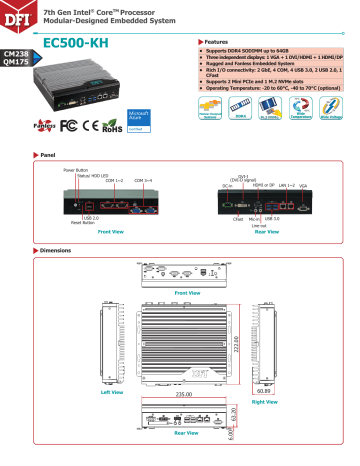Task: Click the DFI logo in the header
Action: (x=21, y=14)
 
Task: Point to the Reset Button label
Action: (x=71, y=222)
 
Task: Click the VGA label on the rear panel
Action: (x=303, y=185)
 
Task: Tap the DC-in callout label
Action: (x=228, y=185)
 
